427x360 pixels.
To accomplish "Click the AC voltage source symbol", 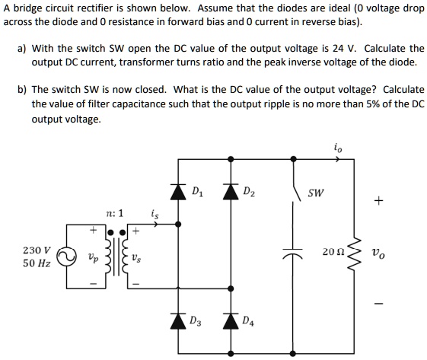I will (x=69, y=256).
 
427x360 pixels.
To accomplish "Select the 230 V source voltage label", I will (x=37, y=250).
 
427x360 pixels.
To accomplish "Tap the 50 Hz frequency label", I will (x=37, y=263).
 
